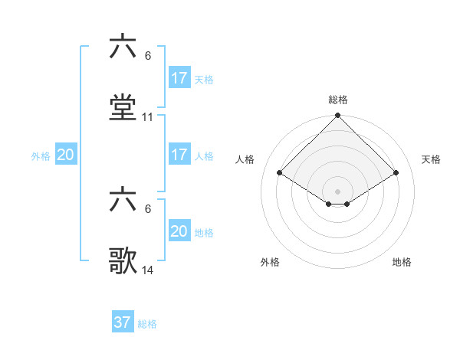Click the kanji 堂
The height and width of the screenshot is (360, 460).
pos(123,108)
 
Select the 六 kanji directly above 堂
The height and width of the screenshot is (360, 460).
pos(123,47)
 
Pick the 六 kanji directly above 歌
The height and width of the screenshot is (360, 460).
pos(123,201)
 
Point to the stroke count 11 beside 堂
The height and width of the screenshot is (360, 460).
pos(148,117)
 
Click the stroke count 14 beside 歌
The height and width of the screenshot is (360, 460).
pos(148,270)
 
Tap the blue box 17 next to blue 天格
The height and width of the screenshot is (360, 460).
pos(179,78)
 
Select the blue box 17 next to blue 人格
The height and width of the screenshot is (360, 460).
pos(179,155)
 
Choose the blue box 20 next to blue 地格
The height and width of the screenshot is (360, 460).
pos(179,231)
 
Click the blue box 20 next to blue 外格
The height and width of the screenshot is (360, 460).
pos(66,155)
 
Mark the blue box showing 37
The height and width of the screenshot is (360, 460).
pos(123,322)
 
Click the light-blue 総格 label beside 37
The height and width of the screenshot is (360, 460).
pos(147,324)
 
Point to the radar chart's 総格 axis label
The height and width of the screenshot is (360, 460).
pos(338,100)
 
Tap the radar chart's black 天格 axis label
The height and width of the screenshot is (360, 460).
pos(432,159)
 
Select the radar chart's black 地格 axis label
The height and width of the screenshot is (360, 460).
pos(402,263)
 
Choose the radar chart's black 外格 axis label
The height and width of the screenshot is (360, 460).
pos(270,263)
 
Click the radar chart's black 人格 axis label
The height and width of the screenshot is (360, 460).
pos(245,159)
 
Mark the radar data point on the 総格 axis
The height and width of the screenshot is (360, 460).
pos(338,116)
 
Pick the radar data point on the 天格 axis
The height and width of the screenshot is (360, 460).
pos(396,173)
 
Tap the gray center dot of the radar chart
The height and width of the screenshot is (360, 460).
pos(338,191)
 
